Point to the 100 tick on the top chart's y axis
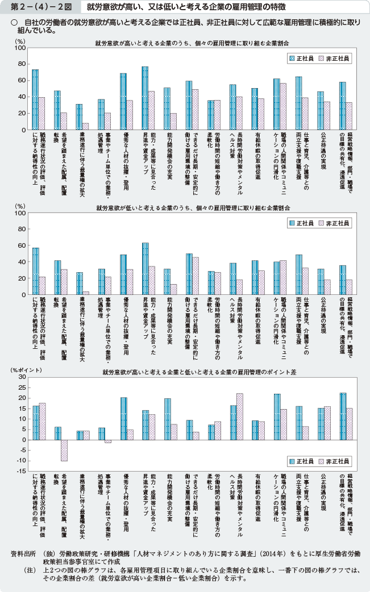[x=22, y=48]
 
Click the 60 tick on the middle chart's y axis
[x=22, y=246]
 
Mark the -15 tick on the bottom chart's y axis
[x=20, y=471]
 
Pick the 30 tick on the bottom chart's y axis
[x=22, y=377]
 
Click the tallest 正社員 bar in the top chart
[x=145, y=98]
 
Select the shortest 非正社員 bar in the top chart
[x=86, y=126]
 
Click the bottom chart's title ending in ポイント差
[x=187, y=372]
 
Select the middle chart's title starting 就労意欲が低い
[x=187, y=208]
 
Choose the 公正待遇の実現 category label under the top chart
[x=323, y=151]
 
